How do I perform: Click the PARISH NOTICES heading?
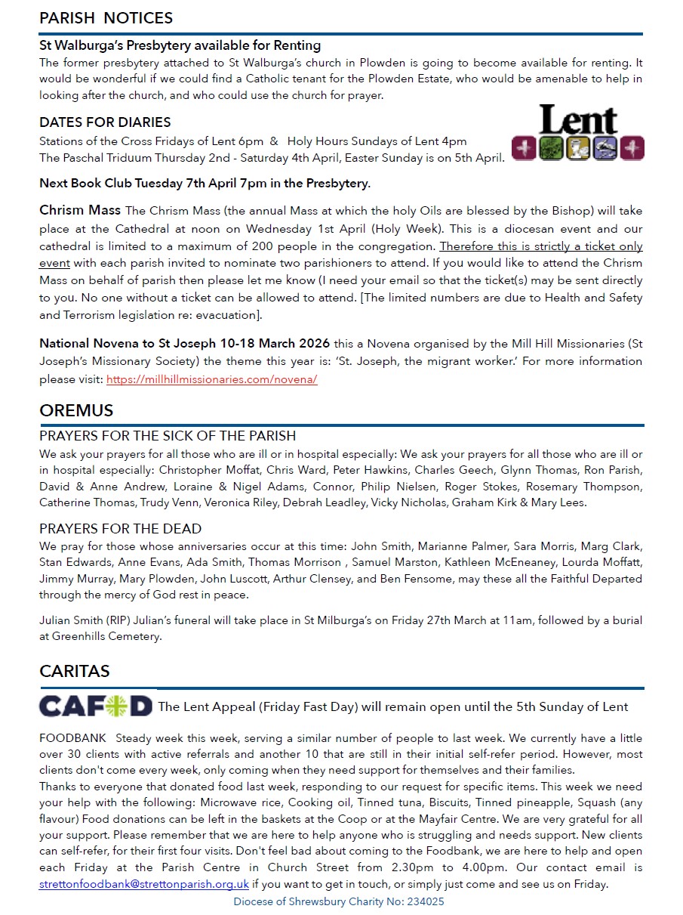point(106,17)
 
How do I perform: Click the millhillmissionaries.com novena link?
point(211,379)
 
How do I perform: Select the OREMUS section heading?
point(76,411)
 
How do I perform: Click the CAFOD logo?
point(96,706)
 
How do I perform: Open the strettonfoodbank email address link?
point(143,884)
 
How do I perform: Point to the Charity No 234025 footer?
point(338,901)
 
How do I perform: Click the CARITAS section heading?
point(75,671)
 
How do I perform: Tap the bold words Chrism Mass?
point(80,210)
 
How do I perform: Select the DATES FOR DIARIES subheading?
point(105,122)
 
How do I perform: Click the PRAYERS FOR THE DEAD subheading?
point(121,529)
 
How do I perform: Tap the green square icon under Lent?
point(552,148)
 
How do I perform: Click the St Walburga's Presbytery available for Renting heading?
point(180,45)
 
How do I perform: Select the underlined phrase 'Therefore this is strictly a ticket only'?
point(541,246)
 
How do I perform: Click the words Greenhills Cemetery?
point(106,636)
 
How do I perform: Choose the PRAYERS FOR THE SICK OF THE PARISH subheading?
point(168,437)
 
